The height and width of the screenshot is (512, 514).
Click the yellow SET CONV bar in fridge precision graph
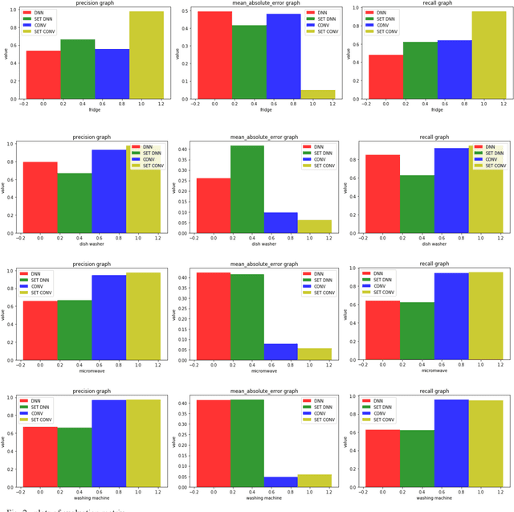point(145,56)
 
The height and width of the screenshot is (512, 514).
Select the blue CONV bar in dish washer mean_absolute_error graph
point(281,223)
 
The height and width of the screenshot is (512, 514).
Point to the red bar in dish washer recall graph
point(383,194)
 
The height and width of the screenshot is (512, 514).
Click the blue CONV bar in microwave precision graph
point(108,321)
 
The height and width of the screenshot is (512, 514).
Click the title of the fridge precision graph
point(94,4)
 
